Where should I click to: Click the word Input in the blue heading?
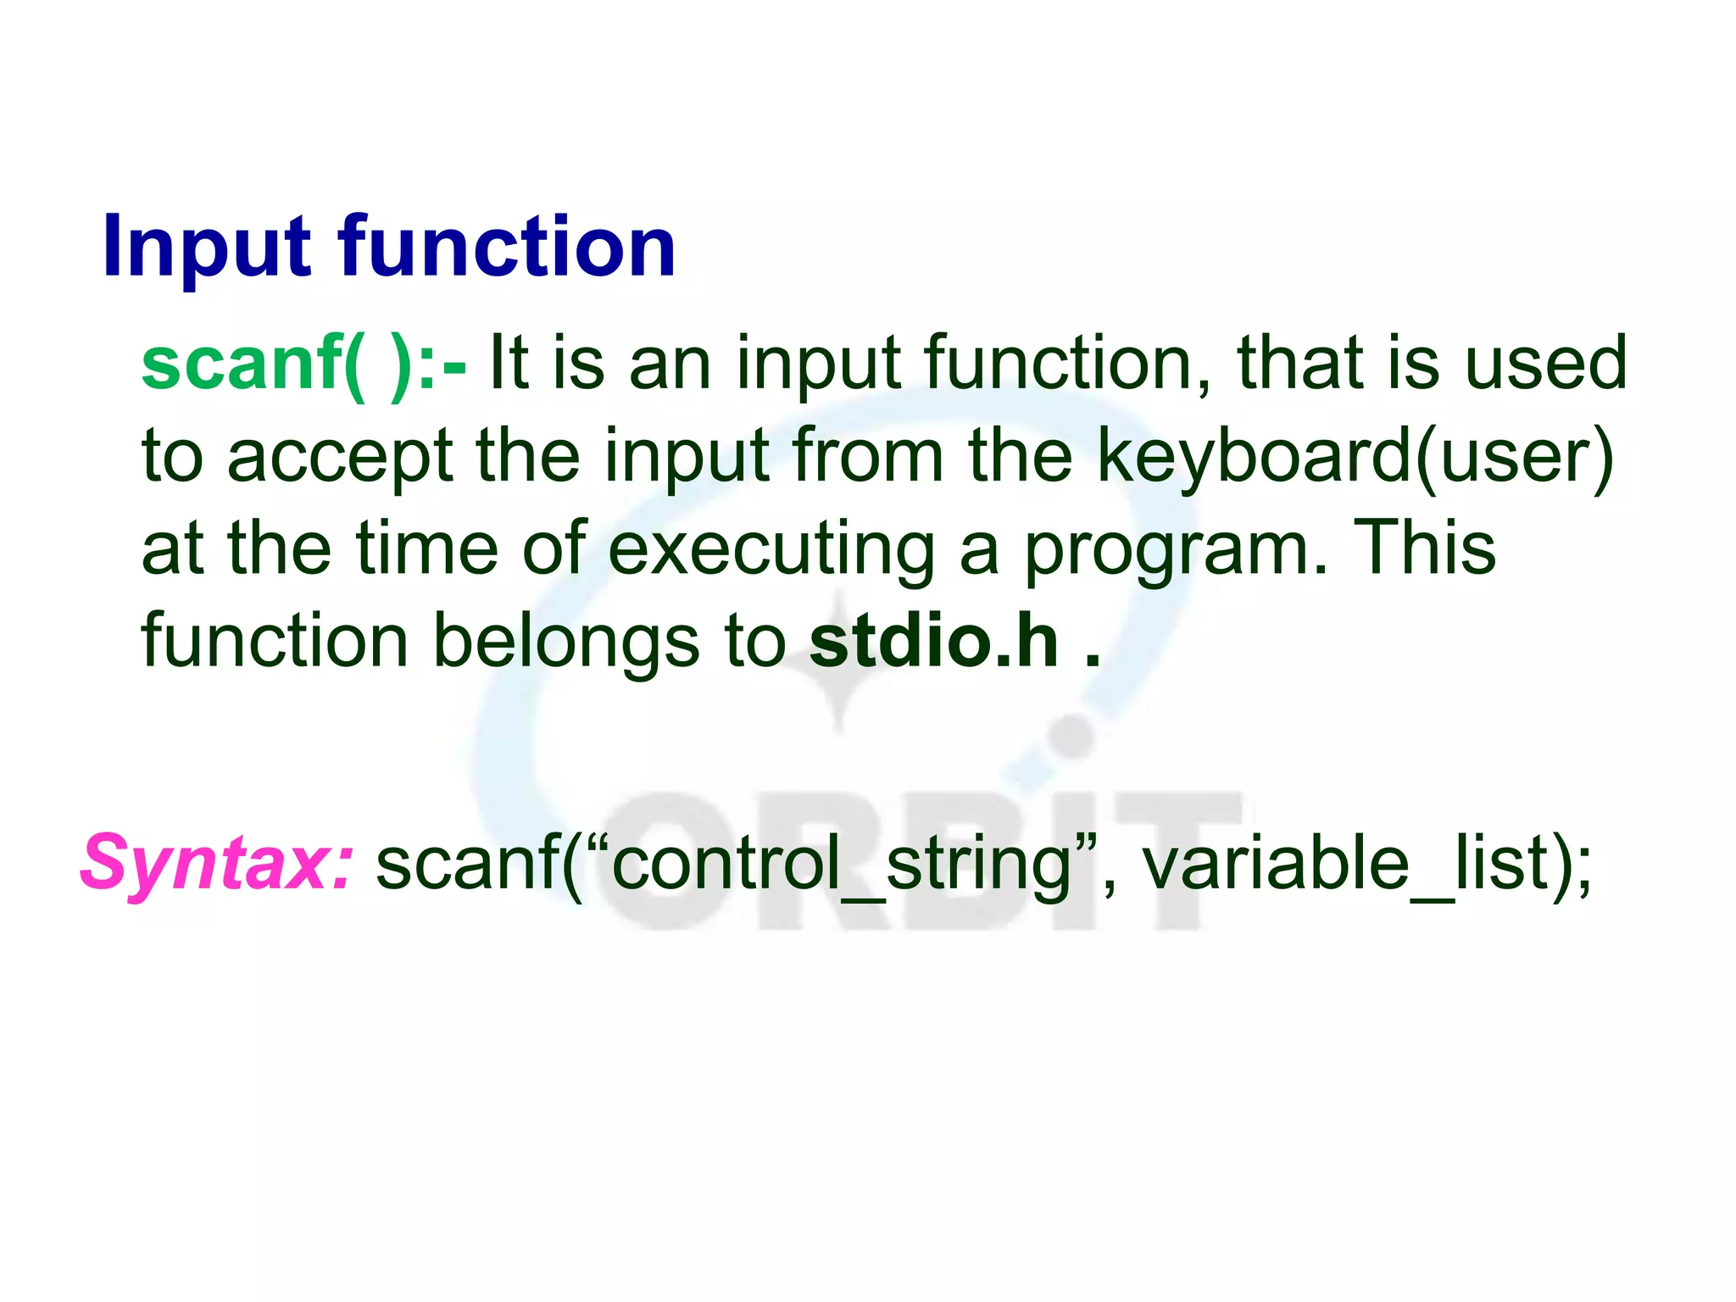[208, 248]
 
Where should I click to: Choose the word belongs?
[566, 643]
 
